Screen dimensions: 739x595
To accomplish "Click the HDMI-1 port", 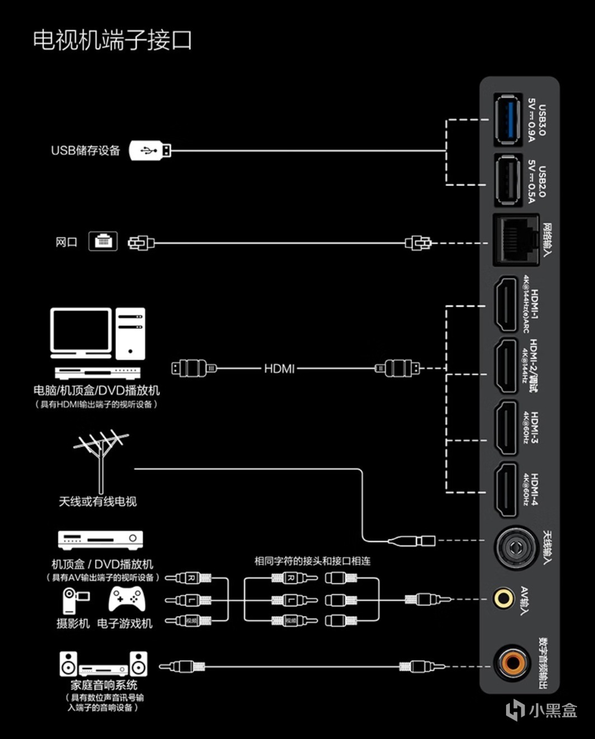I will point(507,305).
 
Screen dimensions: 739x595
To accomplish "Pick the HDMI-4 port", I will point(507,491).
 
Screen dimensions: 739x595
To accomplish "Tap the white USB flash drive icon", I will point(150,150).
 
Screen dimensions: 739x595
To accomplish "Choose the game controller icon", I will point(127,599).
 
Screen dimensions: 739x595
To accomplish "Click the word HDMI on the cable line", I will point(279,368).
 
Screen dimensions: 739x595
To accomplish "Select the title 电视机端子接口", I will point(112,40).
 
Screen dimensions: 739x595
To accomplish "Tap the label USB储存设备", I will point(86,150).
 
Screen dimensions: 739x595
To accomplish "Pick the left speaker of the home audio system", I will point(69,664).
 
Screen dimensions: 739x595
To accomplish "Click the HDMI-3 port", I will point(507,428).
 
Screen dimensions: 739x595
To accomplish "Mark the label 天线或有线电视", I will point(98,501).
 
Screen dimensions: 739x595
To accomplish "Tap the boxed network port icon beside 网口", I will point(103,241).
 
